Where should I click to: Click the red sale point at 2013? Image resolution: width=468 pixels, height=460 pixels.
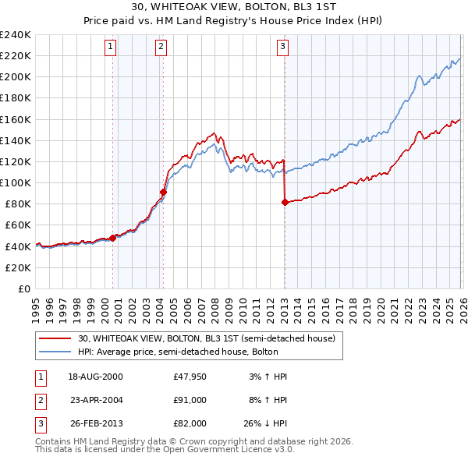284,202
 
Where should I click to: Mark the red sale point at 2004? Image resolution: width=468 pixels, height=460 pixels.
163,192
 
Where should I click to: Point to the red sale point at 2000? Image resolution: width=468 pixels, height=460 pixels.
113,238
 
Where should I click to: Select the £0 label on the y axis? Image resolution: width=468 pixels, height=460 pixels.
23,288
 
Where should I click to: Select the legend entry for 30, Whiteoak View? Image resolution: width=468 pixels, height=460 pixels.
206,338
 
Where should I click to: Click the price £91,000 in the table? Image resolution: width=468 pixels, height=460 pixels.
190,400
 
